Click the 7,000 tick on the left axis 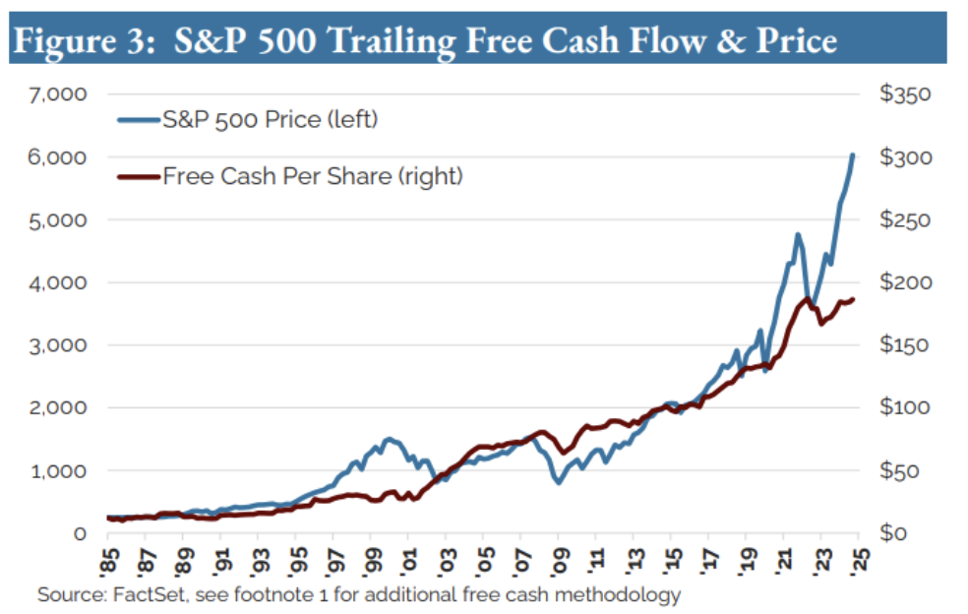[62, 94]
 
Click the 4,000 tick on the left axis [62, 282]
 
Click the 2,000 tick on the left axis [62, 407]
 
